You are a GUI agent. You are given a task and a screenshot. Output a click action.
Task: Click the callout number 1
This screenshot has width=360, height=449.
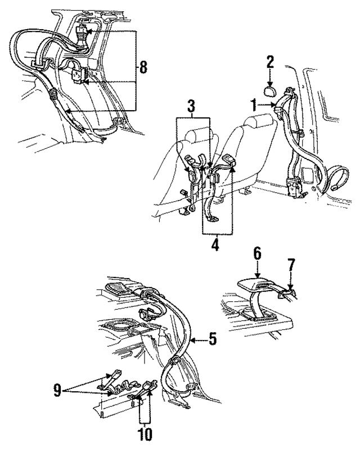(x=254, y=105)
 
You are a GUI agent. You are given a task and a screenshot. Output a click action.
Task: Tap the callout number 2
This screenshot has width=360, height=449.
(x=270, y=62)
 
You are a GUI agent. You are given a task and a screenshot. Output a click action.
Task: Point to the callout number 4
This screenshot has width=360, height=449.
(x=216, y=246)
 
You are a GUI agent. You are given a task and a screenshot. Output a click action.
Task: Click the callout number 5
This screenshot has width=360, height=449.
(x=212, y=338)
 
